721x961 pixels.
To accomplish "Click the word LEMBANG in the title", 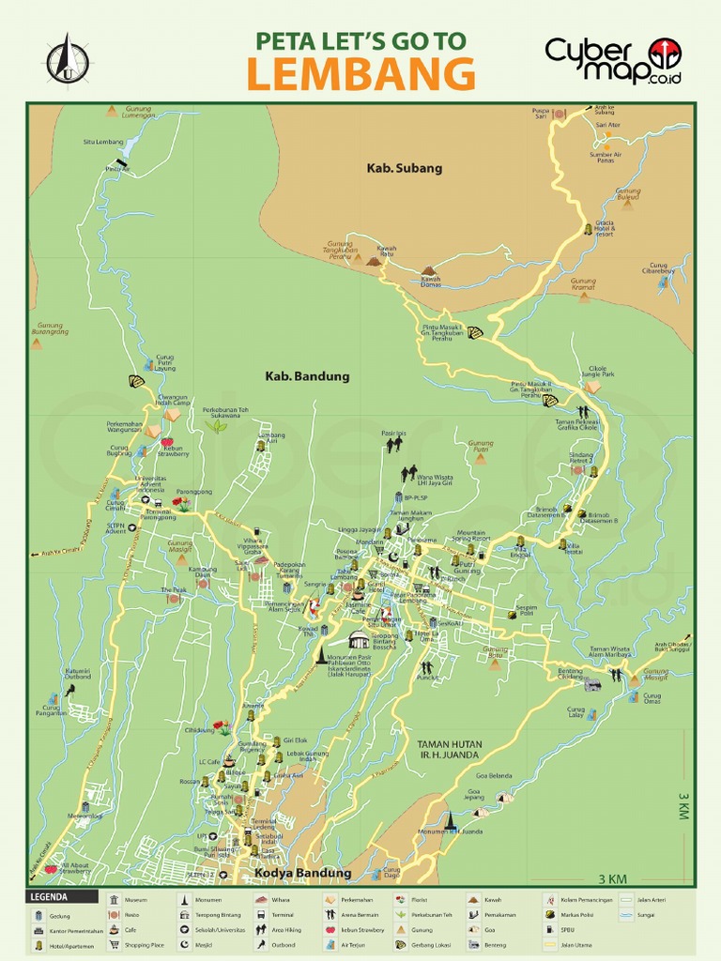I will [x=360, y=73].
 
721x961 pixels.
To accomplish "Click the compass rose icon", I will [x=68, y=60].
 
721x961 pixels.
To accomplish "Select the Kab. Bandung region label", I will [x=294, y=376].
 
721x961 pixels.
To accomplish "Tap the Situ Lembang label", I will [x=102, y=142].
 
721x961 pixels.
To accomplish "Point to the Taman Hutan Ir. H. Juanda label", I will [x=450, y=748].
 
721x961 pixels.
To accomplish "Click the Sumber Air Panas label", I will [x=606, y=158].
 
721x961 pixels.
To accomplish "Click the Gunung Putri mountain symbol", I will [x=480, y=460].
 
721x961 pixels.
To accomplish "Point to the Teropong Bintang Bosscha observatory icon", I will [x=358, y=639].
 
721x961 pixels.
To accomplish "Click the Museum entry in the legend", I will [x=135, y=900].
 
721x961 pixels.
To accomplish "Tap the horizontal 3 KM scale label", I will [x=612, y=879].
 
